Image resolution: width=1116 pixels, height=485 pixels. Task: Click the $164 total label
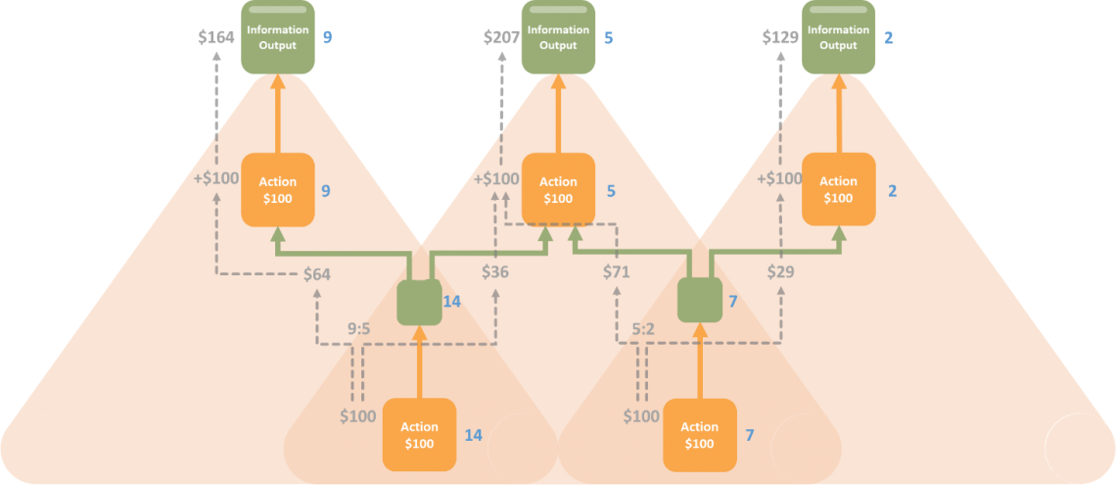[x=215, y=37]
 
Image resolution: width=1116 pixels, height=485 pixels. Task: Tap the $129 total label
[x=780, y=37]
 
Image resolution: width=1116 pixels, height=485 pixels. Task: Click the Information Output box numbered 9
[x=278, y=37]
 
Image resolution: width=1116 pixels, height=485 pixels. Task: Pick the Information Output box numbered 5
[x=558, y=37]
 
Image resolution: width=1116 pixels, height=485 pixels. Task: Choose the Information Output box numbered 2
[x=838, y=37]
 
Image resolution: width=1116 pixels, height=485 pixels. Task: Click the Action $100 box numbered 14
[x=419, y=435]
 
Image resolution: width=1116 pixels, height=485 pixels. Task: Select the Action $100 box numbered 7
[x=700, y=435]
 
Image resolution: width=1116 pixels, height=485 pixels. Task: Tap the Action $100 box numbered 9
[x=278, y=190]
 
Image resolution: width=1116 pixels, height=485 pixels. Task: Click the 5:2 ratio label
[x=644, y=330]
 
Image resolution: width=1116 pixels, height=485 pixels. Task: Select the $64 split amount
[x=317, y=274]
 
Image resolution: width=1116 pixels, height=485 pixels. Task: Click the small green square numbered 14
[x=419, y=302]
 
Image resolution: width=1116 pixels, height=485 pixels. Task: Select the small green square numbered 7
[x=700, y=301]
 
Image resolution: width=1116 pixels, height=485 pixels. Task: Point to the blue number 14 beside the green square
[x=452, y=302]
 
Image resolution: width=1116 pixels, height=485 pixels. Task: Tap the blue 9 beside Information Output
[x=327, y=37]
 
